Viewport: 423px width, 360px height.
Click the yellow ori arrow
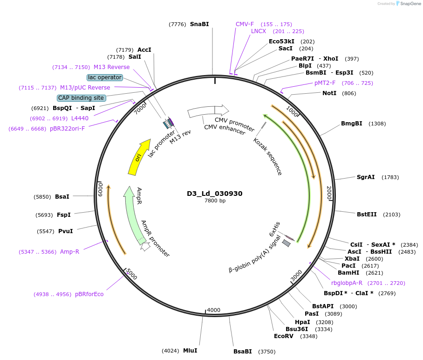(139, 157)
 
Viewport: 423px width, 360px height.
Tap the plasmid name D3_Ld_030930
(215, 194)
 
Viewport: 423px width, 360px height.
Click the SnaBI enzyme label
(199, 24)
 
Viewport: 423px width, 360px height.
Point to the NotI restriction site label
(329, 93)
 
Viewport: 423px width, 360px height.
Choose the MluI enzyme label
(190, 351)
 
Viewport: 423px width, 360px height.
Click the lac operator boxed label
(104, 77)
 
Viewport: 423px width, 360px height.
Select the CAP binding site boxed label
(81, 98)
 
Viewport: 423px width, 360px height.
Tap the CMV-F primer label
(245, 24)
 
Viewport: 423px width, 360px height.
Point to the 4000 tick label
(213, 310)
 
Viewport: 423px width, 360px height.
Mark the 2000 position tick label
(328, 193)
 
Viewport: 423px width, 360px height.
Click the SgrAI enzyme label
(366, 177)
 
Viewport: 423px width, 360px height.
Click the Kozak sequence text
(268, 156)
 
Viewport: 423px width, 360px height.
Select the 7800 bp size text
(215, 201)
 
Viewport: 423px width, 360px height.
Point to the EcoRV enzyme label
(283, 336)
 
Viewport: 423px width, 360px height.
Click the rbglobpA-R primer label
(347, 283)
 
